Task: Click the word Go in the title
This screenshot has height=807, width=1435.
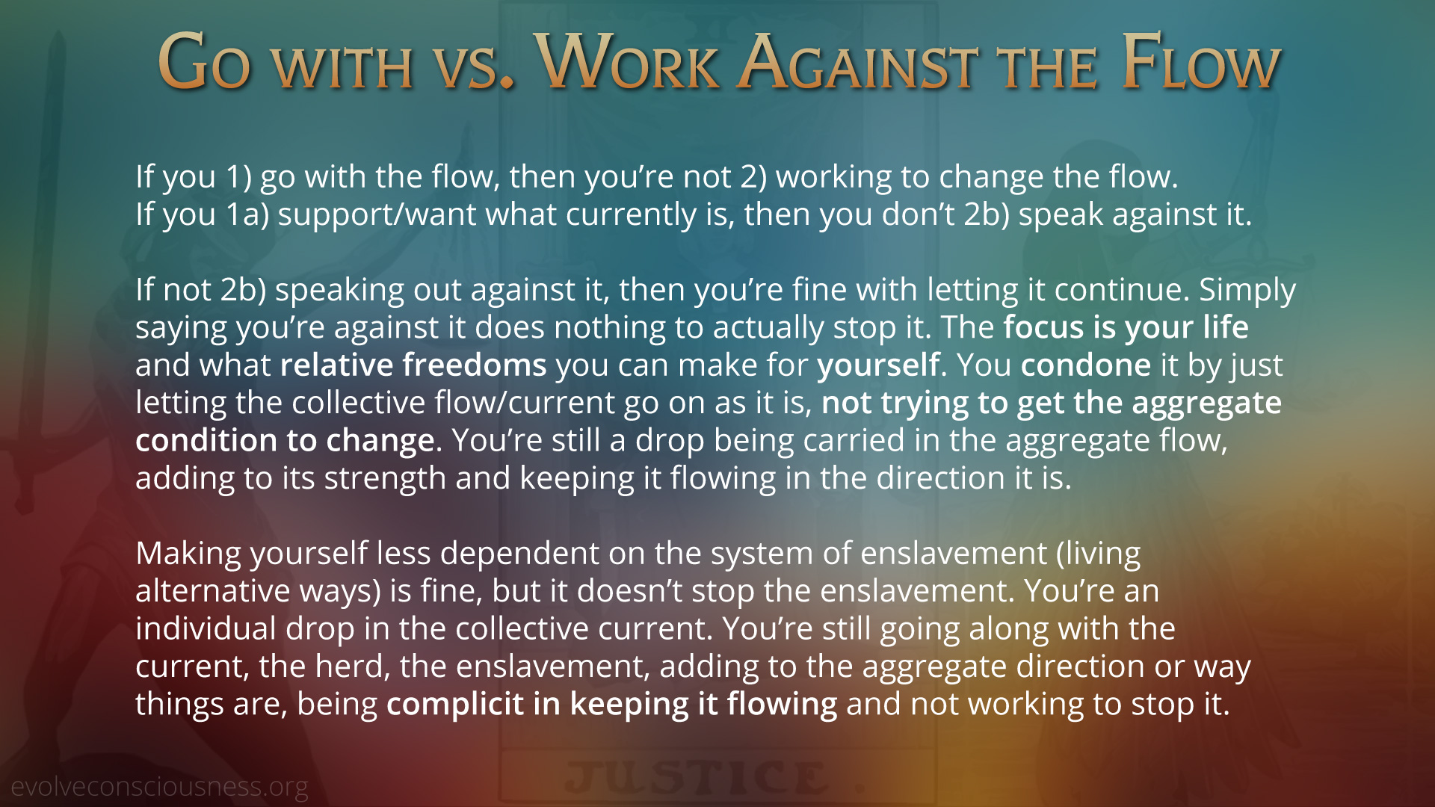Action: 204,62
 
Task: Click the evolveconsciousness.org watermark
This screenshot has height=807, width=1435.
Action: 159,786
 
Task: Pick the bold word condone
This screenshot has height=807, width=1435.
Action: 1086,365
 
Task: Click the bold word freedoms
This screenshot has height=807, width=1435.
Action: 475,365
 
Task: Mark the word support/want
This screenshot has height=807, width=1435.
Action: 377,215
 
